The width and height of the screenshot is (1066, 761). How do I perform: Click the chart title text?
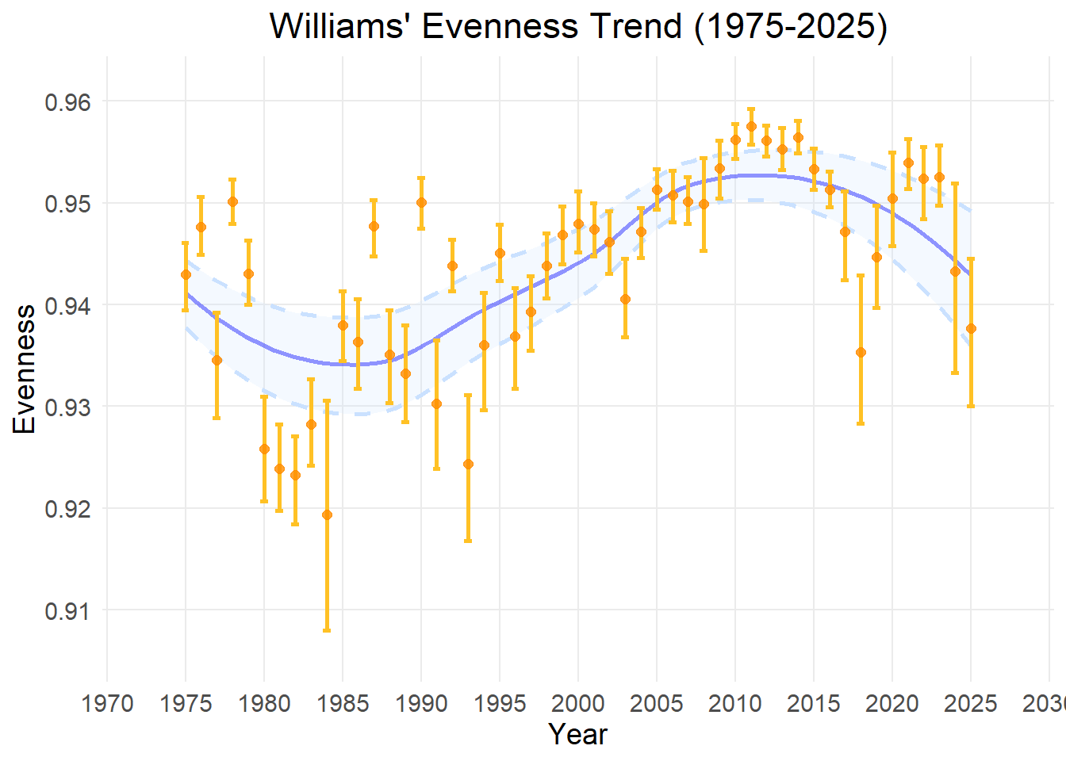(578, 26)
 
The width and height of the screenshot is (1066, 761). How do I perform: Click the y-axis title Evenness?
(25, 369)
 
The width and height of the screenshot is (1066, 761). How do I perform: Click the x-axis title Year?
(577, 734)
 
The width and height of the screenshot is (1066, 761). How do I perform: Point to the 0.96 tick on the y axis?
(68, 102)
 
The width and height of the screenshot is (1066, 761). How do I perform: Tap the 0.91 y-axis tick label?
(68, 611)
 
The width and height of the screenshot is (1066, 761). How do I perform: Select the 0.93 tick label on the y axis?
(68, 407)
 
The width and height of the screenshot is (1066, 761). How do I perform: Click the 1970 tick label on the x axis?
(108, 703)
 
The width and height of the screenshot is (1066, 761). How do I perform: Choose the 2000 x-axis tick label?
(578, 703)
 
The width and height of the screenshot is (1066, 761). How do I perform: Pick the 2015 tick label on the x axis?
(814, 703)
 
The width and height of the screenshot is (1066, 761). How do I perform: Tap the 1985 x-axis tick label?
(343, 703)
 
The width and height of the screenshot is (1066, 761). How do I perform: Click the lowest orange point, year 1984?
(327, 515)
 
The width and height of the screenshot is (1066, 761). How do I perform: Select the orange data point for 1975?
(186, 274)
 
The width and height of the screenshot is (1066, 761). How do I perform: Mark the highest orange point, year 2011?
(751, 125)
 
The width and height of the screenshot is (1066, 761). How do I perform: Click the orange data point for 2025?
(971, 328)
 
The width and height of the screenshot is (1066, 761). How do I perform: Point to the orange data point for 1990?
(421, 202)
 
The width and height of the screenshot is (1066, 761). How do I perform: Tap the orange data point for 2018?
(861, 352)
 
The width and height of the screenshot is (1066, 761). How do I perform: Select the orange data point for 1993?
(468, 464)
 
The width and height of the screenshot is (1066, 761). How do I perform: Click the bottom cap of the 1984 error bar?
(327, 630)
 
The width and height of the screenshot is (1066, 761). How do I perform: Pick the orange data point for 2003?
(625, 299)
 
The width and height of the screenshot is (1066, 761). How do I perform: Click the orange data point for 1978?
(232, 201)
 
